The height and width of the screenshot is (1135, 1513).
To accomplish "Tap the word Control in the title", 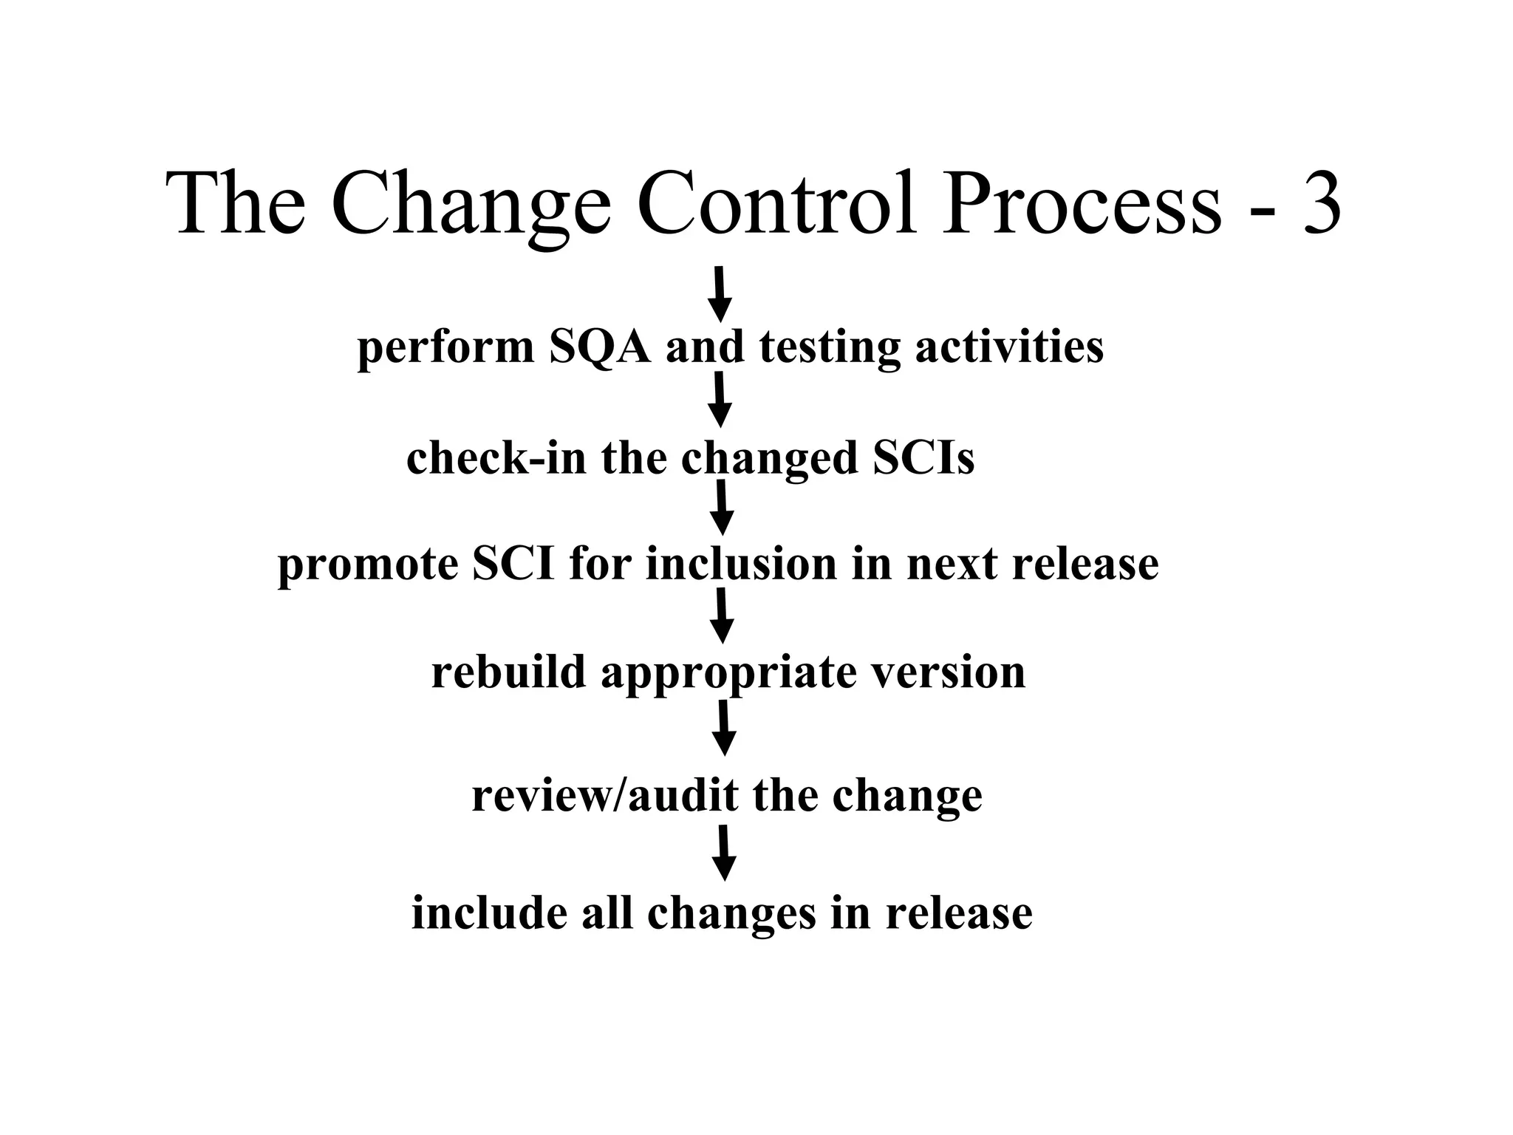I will point(776,202).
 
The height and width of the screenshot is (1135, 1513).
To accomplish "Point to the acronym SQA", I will point(600,347).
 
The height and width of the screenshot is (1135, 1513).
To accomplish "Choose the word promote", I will point(367,565).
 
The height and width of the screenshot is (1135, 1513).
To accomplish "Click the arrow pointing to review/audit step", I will point(724,727).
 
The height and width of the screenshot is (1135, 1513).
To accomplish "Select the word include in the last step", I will point(488,913).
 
